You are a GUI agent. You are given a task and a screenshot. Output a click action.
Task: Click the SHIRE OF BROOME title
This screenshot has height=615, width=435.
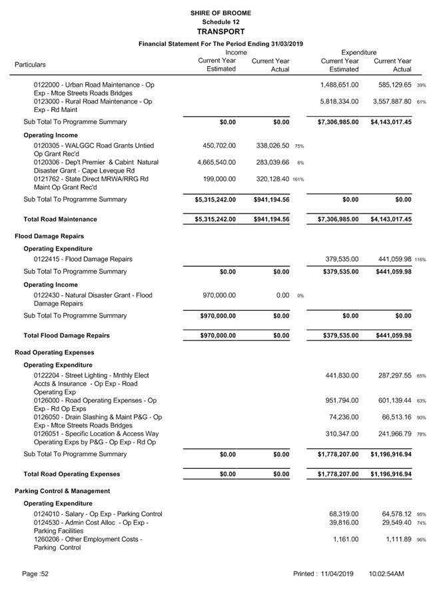[x=217, y=13]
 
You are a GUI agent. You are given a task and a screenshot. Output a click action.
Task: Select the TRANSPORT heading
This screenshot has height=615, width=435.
[x=217, y=31]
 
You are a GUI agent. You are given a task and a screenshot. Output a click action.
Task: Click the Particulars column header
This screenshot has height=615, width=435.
[x=31, y=65]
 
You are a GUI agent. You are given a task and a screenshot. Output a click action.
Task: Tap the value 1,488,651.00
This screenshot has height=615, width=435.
[x=340, y=85]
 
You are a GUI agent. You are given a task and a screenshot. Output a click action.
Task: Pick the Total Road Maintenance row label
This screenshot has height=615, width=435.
[x=60, y=219]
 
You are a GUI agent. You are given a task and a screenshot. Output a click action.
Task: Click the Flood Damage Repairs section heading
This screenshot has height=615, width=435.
[x=49, y=236]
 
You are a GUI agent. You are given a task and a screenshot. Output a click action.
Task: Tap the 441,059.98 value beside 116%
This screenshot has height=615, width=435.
[x=391, y=259]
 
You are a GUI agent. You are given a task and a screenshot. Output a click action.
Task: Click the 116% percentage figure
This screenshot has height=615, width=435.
[x=420, y=260]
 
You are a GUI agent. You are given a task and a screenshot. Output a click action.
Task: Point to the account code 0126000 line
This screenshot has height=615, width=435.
[x=95, y=401]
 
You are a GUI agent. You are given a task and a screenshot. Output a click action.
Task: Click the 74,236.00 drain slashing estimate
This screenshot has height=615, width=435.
[x=344, y=418]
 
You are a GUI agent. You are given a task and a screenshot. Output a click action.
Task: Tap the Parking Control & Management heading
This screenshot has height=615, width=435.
[x=62, y=491]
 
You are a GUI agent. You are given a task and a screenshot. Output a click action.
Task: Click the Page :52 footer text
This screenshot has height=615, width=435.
[x=35, y=574]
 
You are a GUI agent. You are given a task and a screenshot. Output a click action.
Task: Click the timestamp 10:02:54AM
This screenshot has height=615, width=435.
[x=386, y=574]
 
